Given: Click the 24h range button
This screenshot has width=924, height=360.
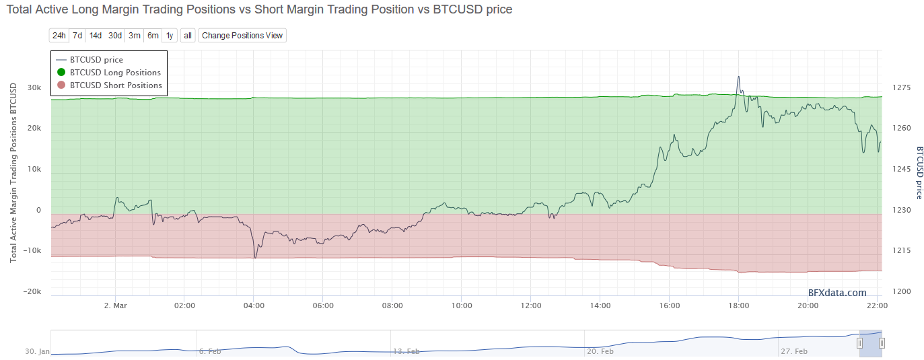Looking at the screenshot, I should pos(59,35).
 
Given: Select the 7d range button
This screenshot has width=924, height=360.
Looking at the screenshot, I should pos(77,35).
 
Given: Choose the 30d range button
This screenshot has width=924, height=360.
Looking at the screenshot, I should pos(115,35).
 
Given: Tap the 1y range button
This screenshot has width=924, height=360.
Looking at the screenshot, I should pos(170,35).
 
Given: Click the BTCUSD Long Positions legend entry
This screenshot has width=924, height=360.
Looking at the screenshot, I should pos(115,73).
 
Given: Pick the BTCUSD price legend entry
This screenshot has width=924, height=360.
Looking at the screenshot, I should pos(96,60).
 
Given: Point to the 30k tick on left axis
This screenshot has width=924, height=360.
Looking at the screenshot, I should pos(34,88).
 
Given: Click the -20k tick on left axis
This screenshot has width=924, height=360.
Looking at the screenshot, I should pos(33,291).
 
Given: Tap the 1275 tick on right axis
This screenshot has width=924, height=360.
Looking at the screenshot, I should pos(901,87).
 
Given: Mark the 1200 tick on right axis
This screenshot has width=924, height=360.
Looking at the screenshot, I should pos(901,291).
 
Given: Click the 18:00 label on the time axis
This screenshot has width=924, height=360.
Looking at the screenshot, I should pos(738,305).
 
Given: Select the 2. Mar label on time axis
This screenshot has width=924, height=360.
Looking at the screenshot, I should pos(116,305).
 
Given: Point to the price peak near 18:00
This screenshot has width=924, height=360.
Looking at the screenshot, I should pos(738,77).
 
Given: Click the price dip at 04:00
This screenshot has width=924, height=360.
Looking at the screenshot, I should pos(255,257).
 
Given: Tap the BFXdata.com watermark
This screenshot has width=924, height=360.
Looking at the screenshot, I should pos(837,292).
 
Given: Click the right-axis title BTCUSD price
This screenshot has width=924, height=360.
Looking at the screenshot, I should pos(919,172).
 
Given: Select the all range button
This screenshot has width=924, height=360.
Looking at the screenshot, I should pos(188,35).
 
